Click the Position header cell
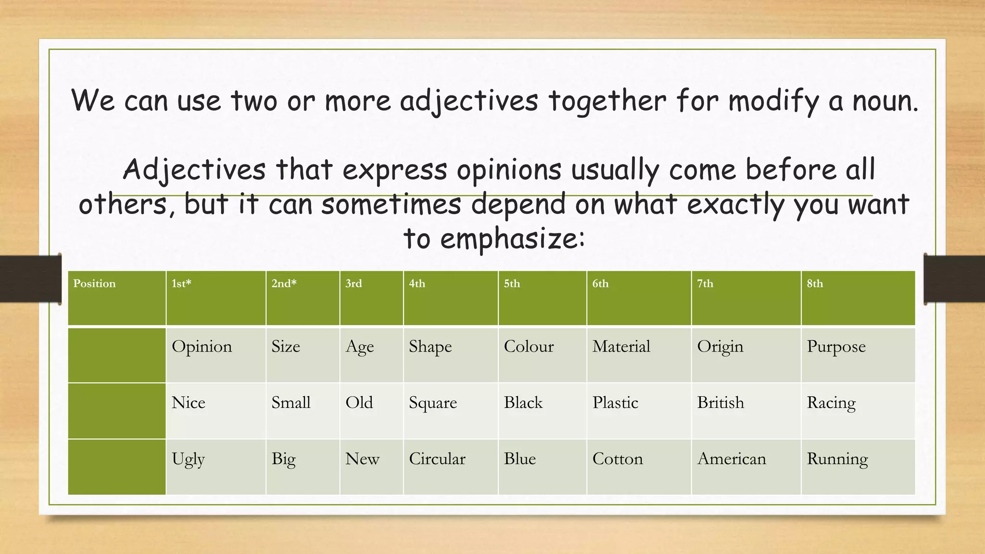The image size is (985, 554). point(117,298)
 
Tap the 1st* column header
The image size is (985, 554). point(216,298)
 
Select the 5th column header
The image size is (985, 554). point(542,298)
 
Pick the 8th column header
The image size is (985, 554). point(858,298)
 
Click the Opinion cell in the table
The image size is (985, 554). point(202,347)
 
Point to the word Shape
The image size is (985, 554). point(430,347)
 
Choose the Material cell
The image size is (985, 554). point(621,347)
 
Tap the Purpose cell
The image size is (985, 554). point(836,347)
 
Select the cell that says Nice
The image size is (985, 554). point(189,403)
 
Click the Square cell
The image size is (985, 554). point(433,403)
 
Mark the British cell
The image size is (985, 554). point(720,403)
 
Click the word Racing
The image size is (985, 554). point(831,403)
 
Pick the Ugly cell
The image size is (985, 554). point(188,459)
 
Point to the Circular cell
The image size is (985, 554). point(437,459)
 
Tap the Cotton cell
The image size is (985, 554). point(618,459)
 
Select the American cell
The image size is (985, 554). point(732,459)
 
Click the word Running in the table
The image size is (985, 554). point(837,459)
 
